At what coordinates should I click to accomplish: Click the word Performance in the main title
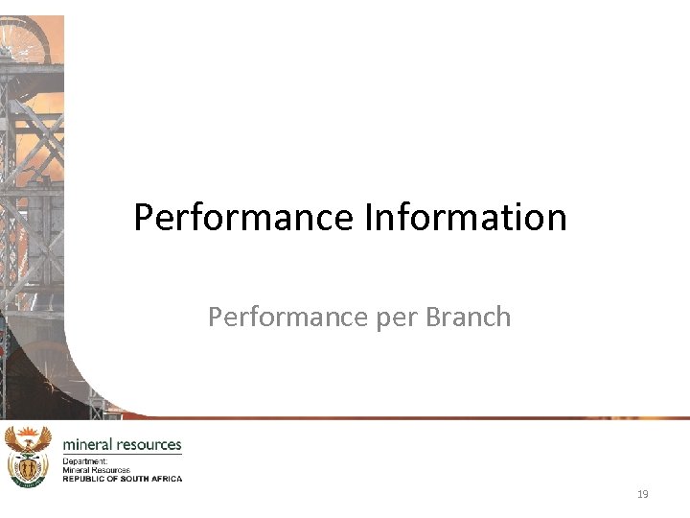[244, 217]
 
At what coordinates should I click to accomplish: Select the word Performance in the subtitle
[275, 317]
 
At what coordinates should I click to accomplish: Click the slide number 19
[642, 494]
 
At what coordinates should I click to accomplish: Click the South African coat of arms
[27, 458]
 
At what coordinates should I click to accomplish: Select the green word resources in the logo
[149, 444]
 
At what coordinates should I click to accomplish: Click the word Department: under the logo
[85, 461]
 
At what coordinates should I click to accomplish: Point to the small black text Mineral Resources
[96, 470]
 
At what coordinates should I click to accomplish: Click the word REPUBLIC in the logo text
[83, 478]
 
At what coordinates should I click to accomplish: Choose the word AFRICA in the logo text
[165, 478]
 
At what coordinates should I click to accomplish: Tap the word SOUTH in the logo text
[132, 478]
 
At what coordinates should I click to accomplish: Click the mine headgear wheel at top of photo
[24, 38]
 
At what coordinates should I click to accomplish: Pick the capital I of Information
[369, 217]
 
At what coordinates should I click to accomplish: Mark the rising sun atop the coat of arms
[27, 434]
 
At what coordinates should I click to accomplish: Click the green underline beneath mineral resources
[122, 454]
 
